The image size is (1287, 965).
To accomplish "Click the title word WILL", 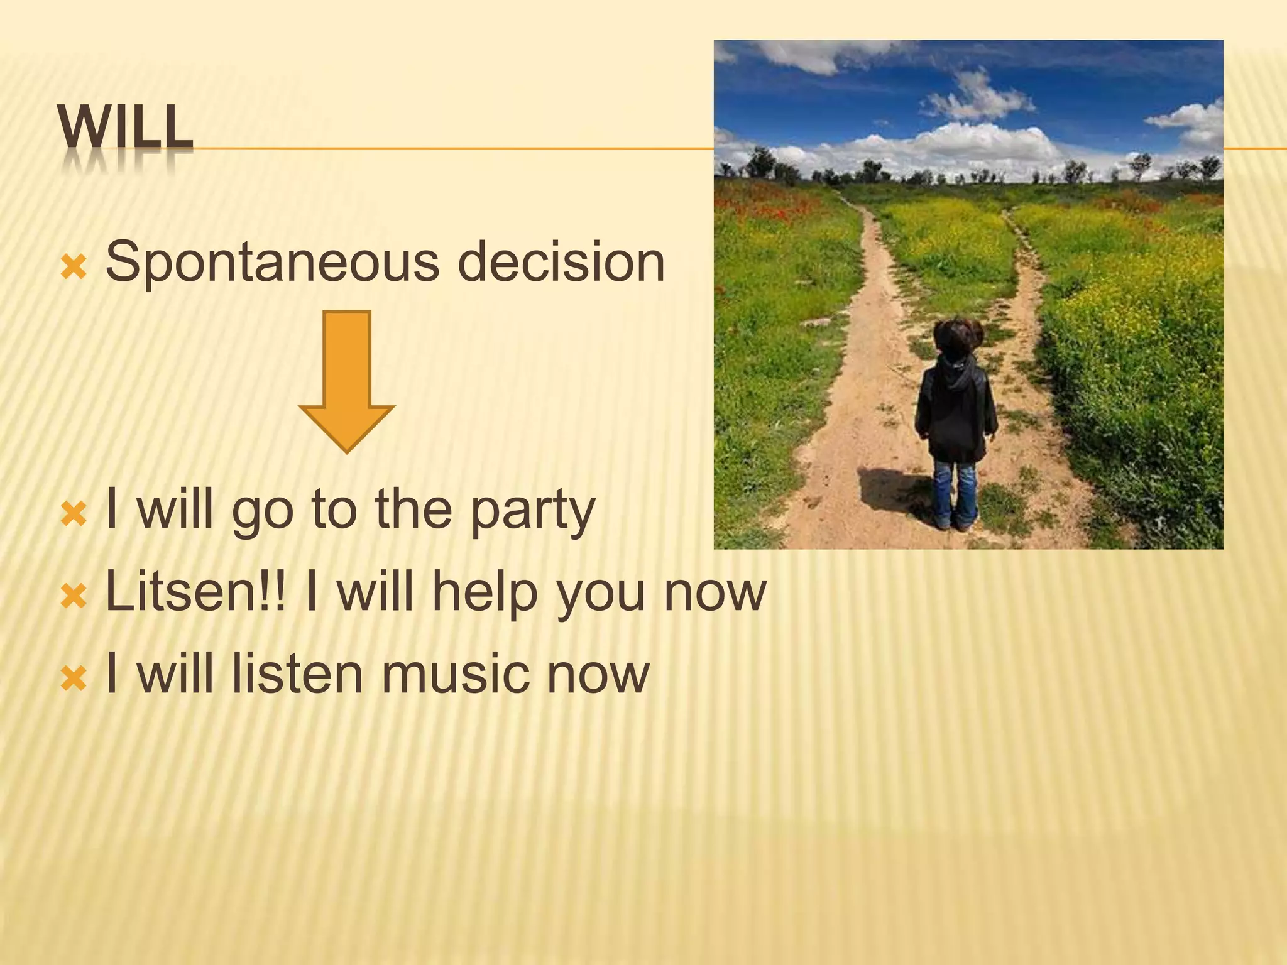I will pos(125,128).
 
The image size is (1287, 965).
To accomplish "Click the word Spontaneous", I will pos(271,262).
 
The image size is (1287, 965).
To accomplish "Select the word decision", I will pos(564,262).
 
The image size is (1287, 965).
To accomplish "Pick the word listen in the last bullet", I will pos(297,673).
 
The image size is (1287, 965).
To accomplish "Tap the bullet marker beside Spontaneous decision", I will pos(74,268).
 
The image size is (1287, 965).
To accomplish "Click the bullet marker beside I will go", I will pos(74,515).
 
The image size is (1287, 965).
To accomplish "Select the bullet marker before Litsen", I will pos(74,596).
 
